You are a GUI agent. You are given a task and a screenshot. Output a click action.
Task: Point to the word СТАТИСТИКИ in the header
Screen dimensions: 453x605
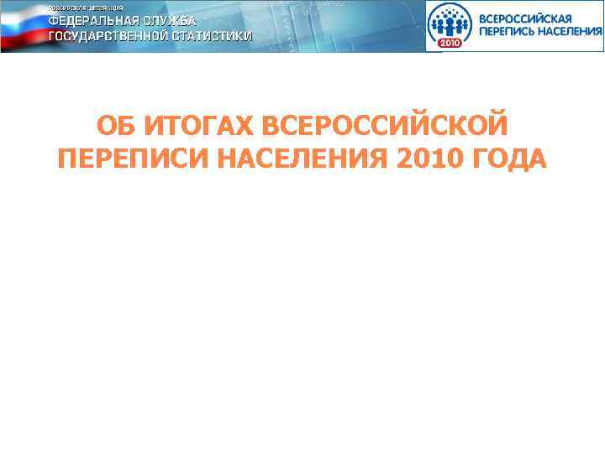tap(214, 37)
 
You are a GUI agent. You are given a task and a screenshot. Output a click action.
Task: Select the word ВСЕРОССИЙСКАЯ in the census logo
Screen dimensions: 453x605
tap(525, 17)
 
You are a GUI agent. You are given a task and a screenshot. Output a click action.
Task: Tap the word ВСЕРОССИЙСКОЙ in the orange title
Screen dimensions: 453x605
tap(386, 128)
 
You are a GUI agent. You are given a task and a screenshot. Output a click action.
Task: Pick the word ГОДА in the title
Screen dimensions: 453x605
tap(510, 158)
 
